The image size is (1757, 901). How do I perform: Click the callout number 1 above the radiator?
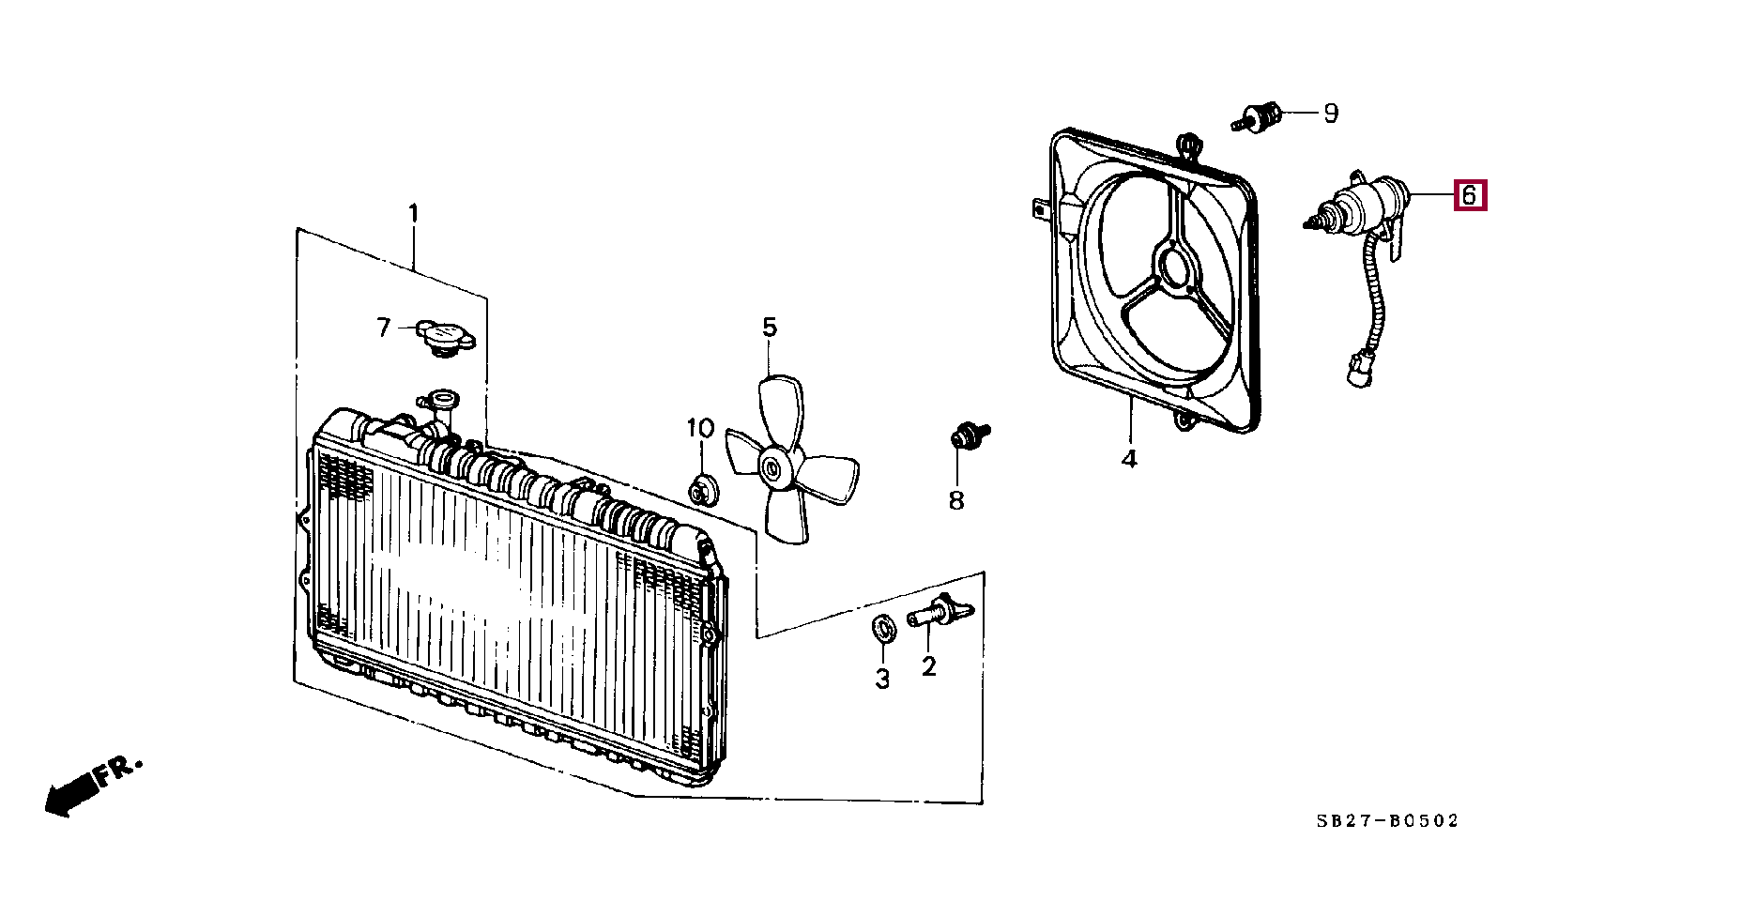coord(413,214)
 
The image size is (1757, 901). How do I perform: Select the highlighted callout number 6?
coord(1470,195)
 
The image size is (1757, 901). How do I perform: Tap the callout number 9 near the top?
coord(1331,114)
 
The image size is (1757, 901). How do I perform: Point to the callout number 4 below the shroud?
coord(1129,459)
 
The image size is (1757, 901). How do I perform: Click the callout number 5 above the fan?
coord(770,328)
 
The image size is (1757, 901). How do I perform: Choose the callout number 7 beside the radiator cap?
coord(383,328)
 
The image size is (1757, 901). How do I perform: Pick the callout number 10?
coord(700,429)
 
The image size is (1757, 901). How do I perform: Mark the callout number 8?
coord(956,500)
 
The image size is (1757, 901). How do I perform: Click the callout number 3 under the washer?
coord(882,679)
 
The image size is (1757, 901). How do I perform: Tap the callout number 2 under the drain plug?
coord(929,666)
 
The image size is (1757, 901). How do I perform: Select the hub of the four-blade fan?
coord(774,467)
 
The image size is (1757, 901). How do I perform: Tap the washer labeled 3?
coord(883,627)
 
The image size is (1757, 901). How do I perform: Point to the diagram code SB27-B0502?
coord(1387,821)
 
